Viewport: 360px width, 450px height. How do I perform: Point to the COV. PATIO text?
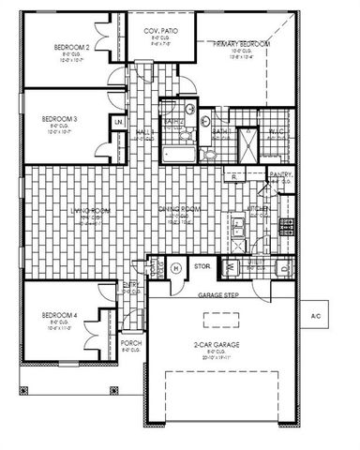(x=161, y=31)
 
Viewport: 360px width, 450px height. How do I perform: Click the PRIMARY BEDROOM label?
(x=241, y=44)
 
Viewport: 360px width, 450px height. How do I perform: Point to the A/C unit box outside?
(x=316, y=317)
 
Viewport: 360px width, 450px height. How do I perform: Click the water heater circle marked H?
(x=176, y=268)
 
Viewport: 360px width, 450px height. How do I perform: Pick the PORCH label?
(x=131, y=343)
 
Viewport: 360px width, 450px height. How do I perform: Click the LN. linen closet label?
(x=118, y=123)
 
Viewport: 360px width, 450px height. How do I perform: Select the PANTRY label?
(x=279, y=174)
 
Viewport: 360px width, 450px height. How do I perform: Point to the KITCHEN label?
(x=259, y=209)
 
